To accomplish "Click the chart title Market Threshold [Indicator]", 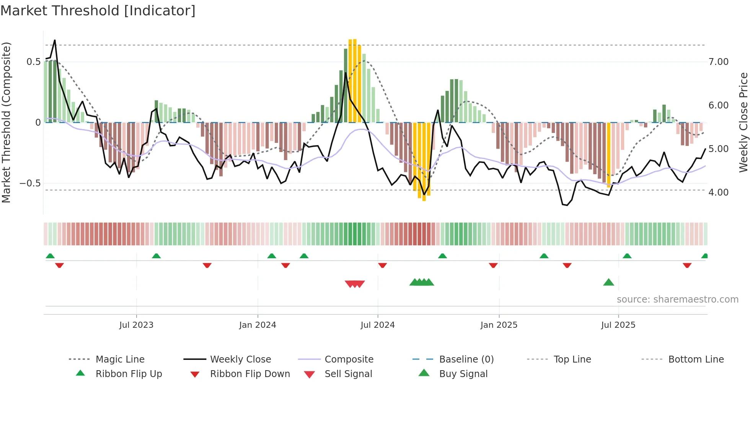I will tap(98, 11).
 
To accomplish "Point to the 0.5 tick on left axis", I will tap(33, 62).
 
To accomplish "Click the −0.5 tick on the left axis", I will tap(30, 183).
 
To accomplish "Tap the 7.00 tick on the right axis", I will tap(718, 62).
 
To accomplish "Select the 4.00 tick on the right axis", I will tap(718, 193).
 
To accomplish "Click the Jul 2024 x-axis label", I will tap(377, 325).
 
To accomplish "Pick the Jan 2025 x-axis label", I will tap(499, 325).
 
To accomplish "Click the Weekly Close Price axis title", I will tap(743, 122).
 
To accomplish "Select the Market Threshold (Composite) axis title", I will tap(6, 122).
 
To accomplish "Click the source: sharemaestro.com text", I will tap(677, 300).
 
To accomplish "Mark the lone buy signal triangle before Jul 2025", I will tap(608, 283).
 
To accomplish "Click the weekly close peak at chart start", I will tap(55, 40).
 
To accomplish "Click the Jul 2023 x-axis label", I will tap(136, 325).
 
